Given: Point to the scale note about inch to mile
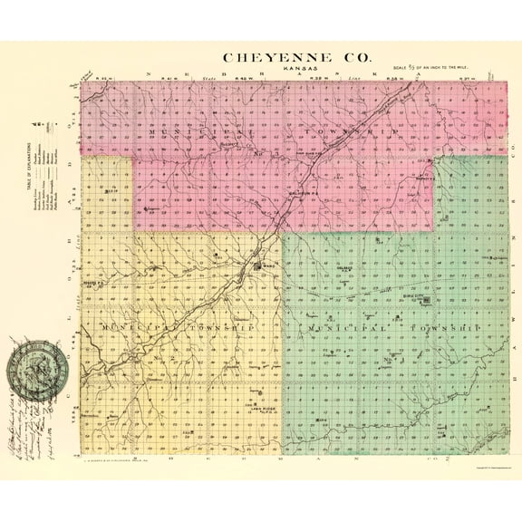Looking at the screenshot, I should pyautogui.click(x=434, y=67).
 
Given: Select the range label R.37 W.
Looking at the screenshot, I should pyautogui.click(x=466, y=79).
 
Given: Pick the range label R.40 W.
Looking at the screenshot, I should pyautogui.click(x=242, y=79).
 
